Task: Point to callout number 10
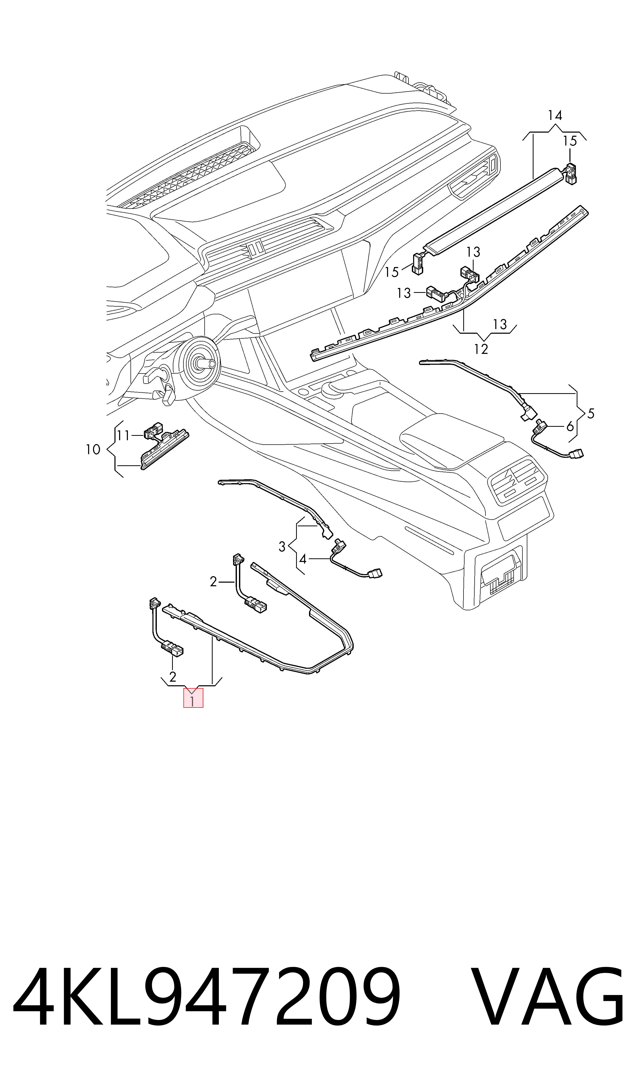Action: click(93, 450)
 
